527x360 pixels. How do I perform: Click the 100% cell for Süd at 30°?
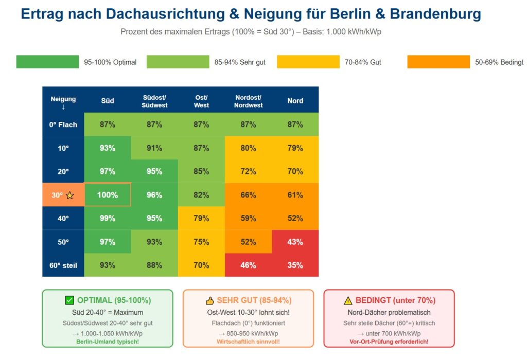(x=108, y=195)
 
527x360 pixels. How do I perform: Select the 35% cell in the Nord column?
(x=295, y=265)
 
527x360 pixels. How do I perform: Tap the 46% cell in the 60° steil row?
(x=248, y=265)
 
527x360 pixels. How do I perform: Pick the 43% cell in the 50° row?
(x=295, y=242)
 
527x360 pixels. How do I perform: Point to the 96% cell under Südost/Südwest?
(x=154, y=195)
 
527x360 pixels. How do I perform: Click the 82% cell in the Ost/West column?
(x=201, y=195)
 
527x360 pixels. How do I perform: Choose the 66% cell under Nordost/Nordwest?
(x=248, y=195)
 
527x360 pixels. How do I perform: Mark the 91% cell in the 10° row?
(x=154, y=148)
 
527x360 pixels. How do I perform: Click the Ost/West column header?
(x=201, y=101)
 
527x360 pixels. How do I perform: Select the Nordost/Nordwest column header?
(x=248, y=101)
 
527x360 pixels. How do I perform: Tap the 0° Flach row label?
(x=63, y=124)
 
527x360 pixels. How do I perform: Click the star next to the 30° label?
(x=70, y=195)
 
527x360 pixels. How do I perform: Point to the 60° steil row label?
(x=63, y=265)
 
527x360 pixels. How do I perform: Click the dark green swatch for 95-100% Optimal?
(x=47, y=62)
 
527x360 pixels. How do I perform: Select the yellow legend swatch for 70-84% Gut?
(x=308, y=62)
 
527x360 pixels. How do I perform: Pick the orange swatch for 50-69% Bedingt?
(x=438, y=62)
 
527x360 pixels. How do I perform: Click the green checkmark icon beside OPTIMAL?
(x=69, y=300)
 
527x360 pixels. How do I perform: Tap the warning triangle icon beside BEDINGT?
(x=348, y=300)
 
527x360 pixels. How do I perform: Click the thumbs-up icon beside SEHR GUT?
(x=209, y=300)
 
